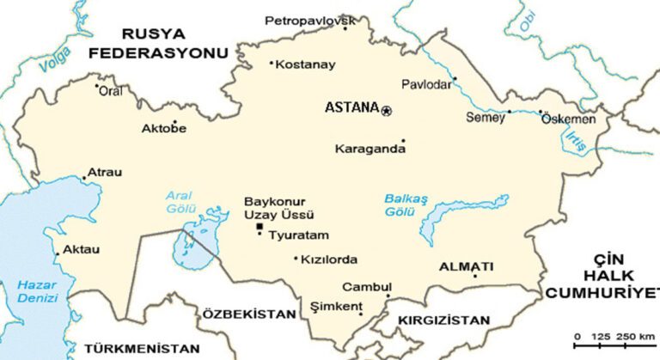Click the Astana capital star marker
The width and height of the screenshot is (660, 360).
tap(387, 109)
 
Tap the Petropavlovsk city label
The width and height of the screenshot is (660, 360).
tap(310, 19)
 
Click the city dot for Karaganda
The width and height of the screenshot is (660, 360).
tap(403, 141)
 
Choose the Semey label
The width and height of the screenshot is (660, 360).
tap(486, 119)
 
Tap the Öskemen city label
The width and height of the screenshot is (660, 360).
tap(568, 119)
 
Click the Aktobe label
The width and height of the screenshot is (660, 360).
tap(163, 130)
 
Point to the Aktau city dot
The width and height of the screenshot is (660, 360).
tap(58, 253)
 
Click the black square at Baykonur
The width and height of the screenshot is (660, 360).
tap(260, 226)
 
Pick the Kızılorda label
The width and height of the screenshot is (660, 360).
tap(329, 259)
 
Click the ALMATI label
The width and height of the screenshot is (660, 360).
tap(466, 266)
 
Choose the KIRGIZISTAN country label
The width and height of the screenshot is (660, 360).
tap(443, 320)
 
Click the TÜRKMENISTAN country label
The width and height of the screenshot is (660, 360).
tap(142, 349)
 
